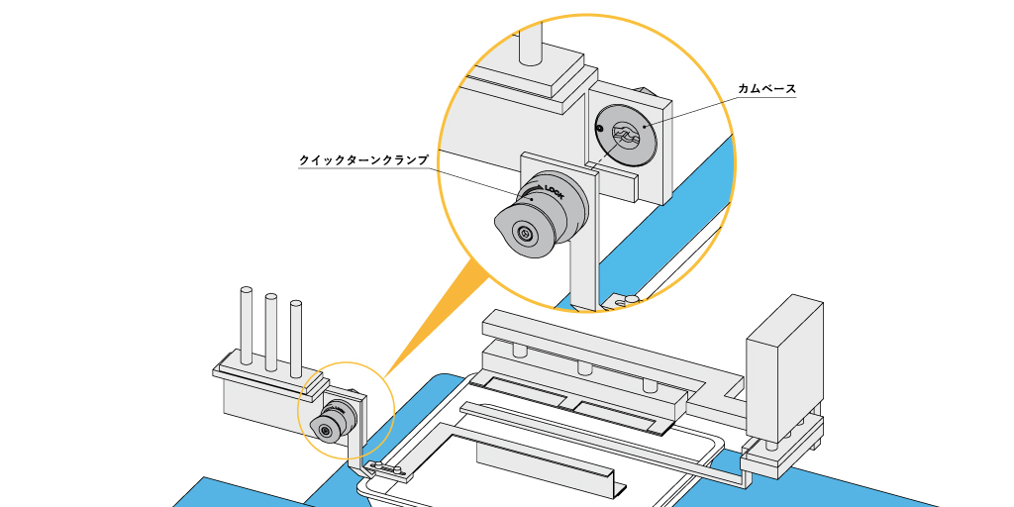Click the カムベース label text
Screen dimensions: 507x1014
pos(767,89)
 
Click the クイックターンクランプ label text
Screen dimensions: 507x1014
pos(364,159)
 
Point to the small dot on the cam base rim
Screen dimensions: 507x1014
pos(598,128)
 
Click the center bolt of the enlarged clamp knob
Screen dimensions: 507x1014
pos(523,235)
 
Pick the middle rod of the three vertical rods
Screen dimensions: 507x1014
pos(270,331)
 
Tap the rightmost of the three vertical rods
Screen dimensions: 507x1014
pos(295,337)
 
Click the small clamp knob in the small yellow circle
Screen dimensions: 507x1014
pos(330,423)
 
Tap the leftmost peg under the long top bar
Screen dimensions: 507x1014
pos(517,350)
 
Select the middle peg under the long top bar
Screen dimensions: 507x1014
pos(583,367)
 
